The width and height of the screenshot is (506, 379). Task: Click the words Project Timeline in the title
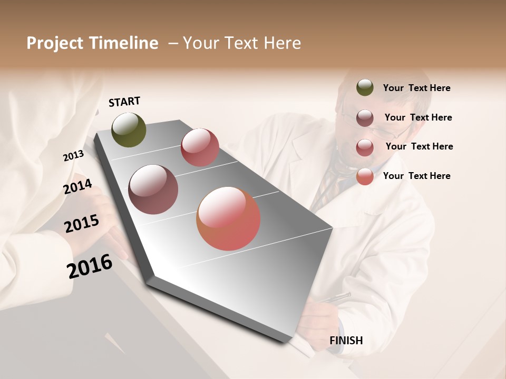[92, 43]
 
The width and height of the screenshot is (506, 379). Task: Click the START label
[124, 102]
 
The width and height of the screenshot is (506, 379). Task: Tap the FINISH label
[346, 341]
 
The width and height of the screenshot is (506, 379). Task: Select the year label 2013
[73, 156]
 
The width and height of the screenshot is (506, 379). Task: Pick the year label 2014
[77, 187]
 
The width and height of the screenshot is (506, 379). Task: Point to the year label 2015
[82, 224]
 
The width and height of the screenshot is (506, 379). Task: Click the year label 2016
[90, 266]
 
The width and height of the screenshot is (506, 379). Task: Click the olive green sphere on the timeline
[129, 130]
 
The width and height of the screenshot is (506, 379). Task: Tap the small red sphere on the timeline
[200, 147]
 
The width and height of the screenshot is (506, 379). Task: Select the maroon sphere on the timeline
[153, 189]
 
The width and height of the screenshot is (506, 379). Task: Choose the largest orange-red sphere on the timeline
[228, 218]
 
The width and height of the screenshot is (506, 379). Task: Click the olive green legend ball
[365, 87]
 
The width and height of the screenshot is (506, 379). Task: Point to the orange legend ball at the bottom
[365, 176]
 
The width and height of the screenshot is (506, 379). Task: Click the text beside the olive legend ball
[416, 88]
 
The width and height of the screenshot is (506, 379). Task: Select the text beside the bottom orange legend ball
[416, 176]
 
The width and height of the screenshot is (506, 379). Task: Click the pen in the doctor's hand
[335, 298]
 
